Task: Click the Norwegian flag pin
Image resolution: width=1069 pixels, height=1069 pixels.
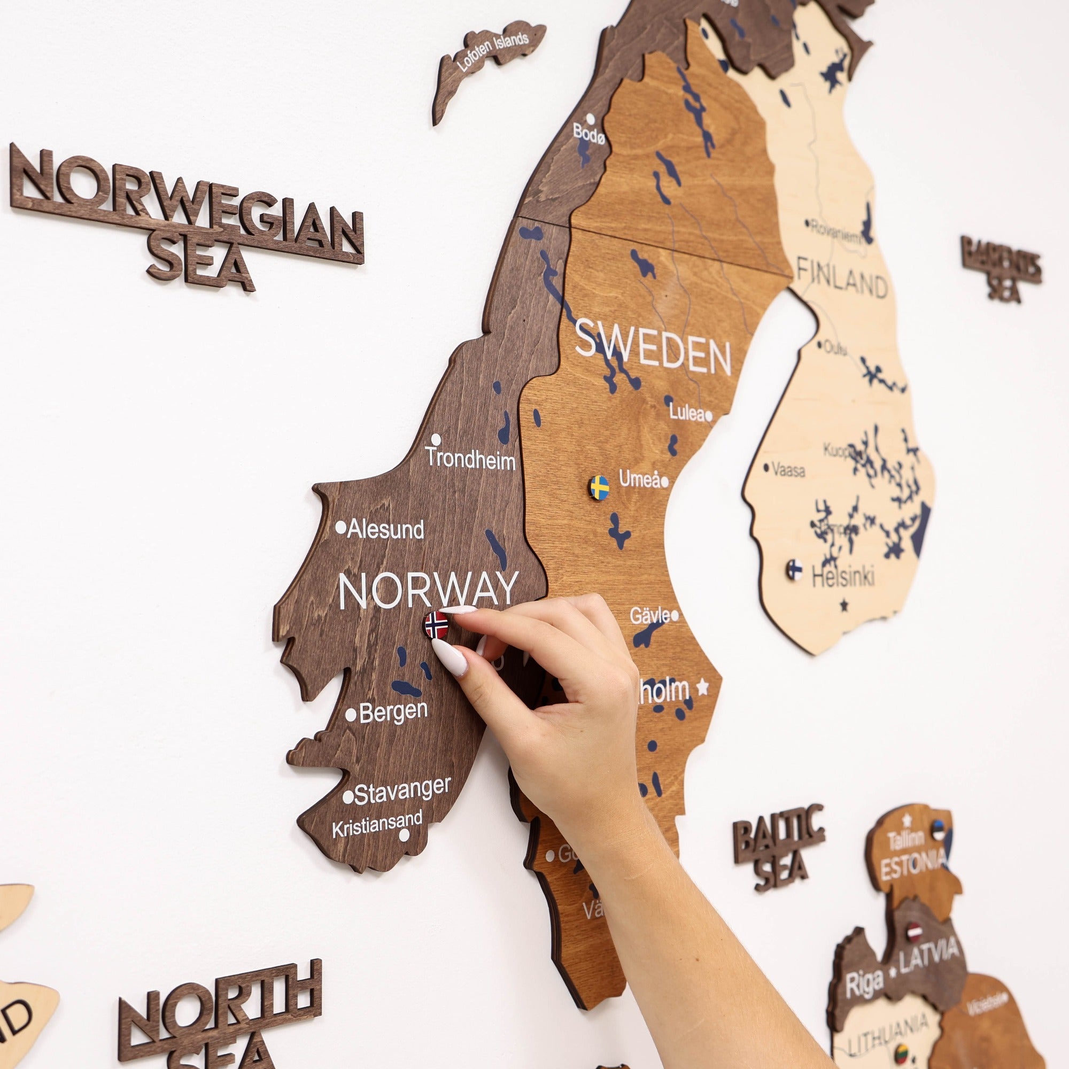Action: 437,625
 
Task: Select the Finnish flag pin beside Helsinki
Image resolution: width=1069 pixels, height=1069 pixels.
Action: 795,569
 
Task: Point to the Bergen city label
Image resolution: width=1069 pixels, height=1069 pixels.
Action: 393,712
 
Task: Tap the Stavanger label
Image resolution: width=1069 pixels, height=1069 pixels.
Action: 402,791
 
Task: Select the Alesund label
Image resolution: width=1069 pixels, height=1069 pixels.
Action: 386,530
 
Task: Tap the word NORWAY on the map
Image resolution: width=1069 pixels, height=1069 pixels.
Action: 428,591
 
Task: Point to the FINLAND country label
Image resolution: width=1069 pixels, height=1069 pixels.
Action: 842,278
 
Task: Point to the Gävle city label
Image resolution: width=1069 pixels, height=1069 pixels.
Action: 649,615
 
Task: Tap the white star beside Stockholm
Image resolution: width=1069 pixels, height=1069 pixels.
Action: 702,687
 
